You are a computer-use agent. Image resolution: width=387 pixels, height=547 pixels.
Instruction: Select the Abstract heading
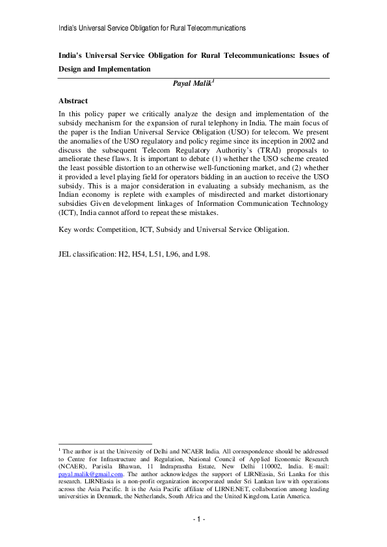point(73,101)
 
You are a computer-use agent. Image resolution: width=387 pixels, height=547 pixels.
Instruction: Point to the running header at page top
point(152,29)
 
